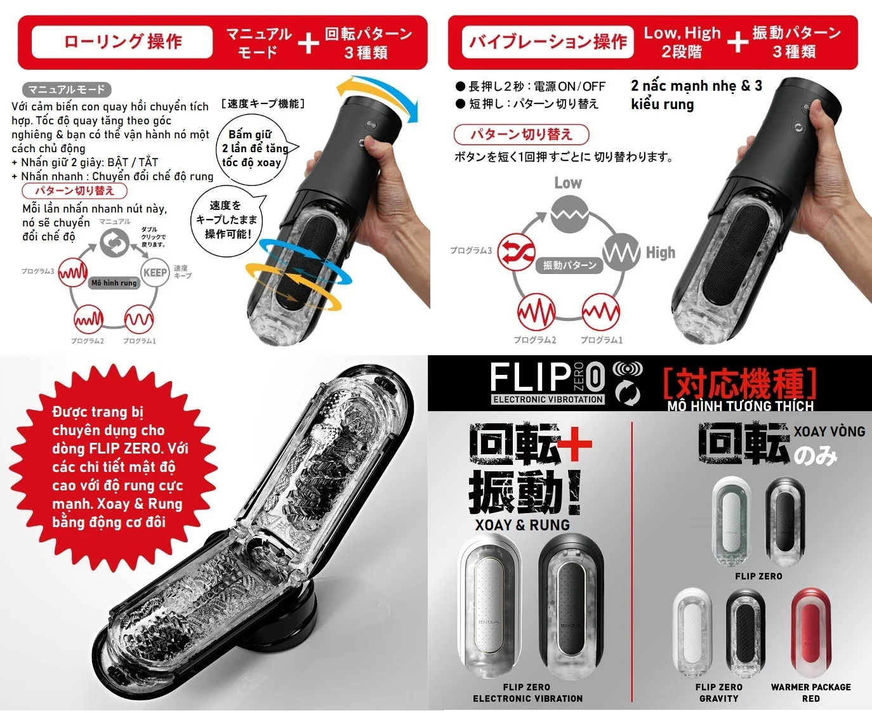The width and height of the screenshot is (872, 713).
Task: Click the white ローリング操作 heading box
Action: point(122,42)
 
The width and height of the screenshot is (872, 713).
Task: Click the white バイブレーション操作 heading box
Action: point(547,42)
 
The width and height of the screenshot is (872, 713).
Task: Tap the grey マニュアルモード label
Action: point(67,89)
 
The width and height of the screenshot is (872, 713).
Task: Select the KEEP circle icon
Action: point(155,273)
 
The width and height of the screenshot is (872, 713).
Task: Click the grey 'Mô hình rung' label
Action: point(114,283)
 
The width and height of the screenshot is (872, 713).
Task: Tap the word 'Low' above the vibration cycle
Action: point(567,183)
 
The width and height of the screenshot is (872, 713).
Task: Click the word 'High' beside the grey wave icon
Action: point(660,252)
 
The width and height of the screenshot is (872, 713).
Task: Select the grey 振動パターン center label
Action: point(569,265)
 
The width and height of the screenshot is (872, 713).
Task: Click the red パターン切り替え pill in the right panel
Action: point(521,134)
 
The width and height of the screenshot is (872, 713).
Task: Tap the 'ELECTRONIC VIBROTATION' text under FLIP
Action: point(548,400)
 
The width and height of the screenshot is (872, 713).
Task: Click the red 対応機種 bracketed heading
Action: point(739,383)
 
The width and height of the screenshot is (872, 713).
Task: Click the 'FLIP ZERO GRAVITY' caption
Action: point(718,692)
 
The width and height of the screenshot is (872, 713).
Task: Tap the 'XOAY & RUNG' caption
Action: point(522,525)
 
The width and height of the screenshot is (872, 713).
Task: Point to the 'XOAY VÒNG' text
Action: point(829,431)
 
